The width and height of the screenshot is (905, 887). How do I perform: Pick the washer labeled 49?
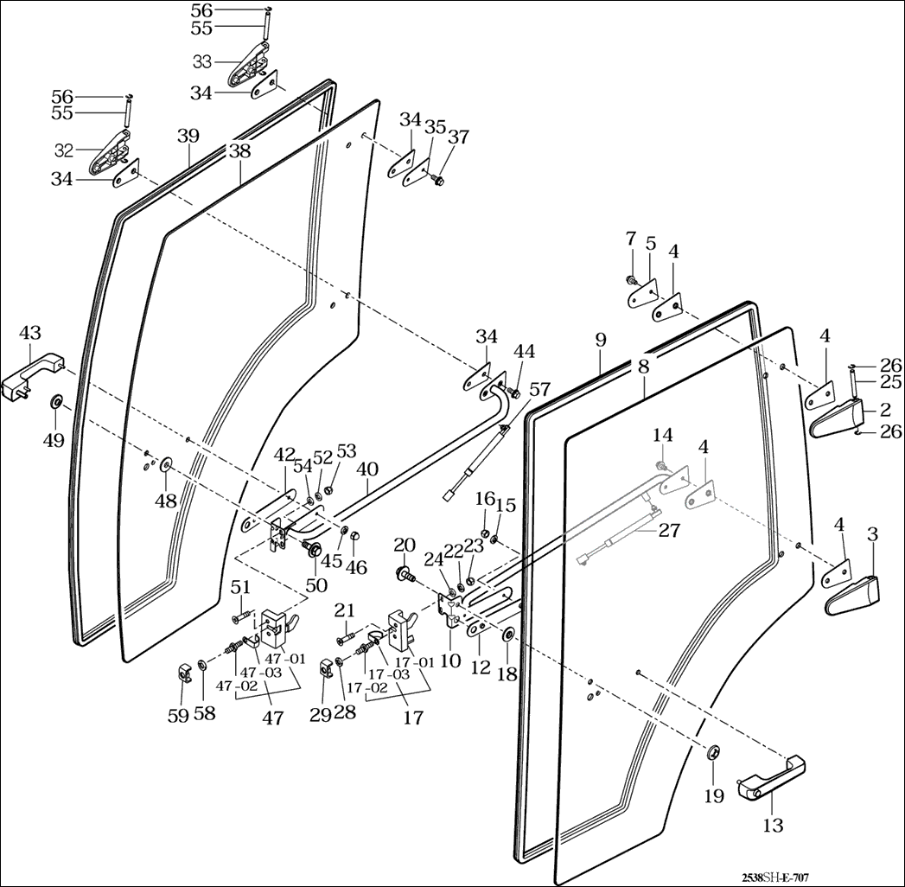pos(57,403)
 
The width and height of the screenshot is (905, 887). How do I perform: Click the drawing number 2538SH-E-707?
pos(774,877)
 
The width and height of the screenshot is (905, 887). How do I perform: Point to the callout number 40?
pos(367,469)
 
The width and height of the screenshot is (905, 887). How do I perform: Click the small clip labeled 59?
pos(184,670)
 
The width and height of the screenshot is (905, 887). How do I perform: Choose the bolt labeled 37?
pos(436,181)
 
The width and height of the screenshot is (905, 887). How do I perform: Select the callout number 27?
pos(669,530)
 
